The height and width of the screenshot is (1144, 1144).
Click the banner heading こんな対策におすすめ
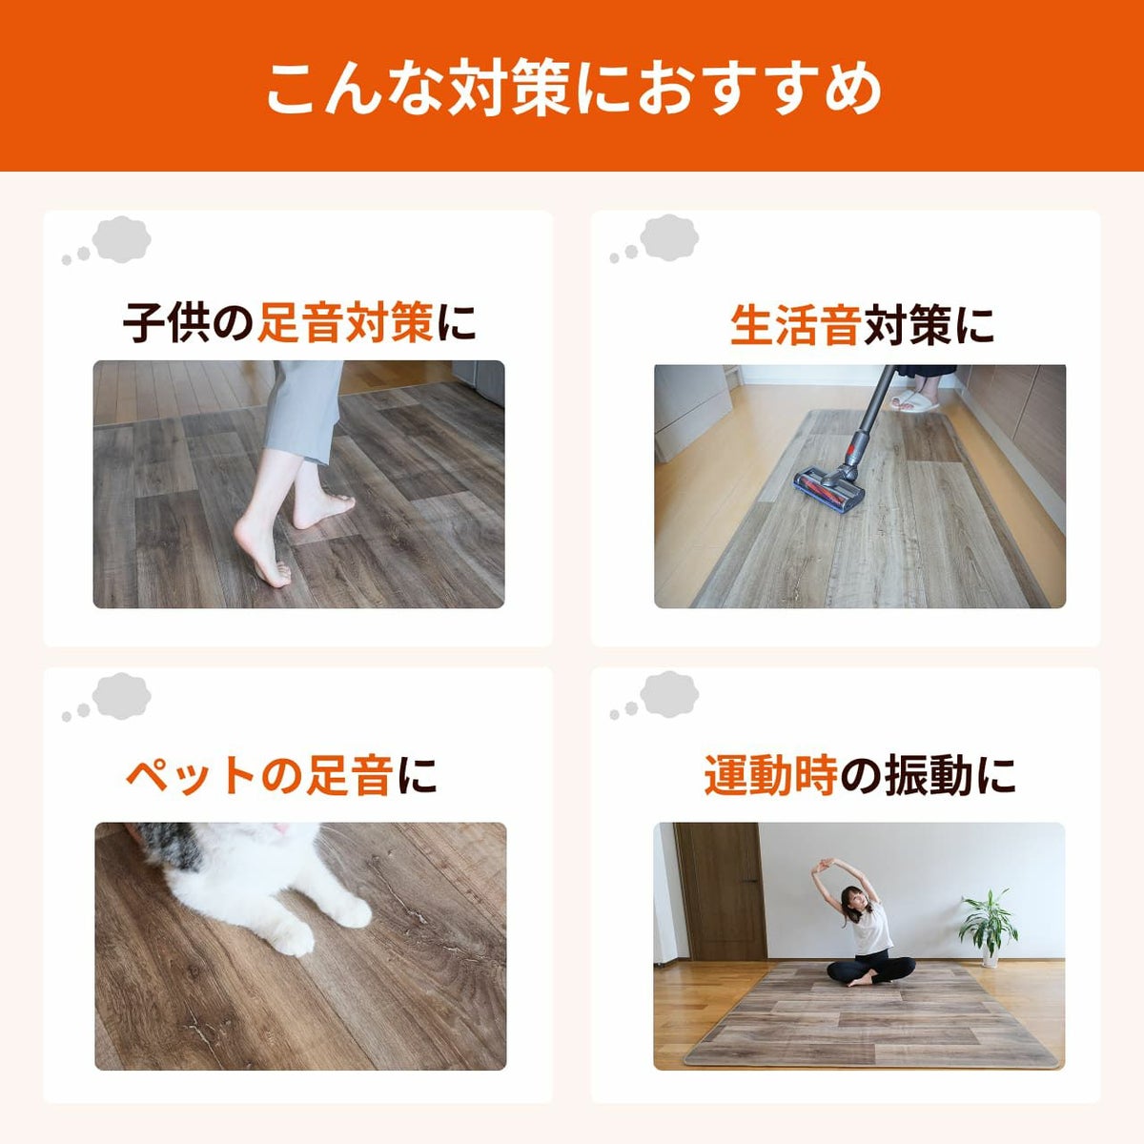coord(572,89)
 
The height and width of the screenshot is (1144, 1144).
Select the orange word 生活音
coord(795,324)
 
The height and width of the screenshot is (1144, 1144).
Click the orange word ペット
coord(191,775)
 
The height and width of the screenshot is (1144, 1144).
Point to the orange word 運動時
coord(770,775)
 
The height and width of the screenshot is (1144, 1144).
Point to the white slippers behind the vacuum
coord(914,400)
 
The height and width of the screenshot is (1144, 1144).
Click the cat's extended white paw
coord(291,939)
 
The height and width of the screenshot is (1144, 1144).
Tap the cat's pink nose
coord(278,831)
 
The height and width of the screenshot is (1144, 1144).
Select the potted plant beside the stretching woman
coord(988,925)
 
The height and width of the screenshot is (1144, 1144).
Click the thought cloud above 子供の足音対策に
coord(122,239)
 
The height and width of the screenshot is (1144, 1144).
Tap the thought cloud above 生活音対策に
coord(669,238)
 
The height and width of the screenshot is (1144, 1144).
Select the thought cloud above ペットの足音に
coord(122,695)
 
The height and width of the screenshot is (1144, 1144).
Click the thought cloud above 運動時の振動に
coord(669,694)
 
